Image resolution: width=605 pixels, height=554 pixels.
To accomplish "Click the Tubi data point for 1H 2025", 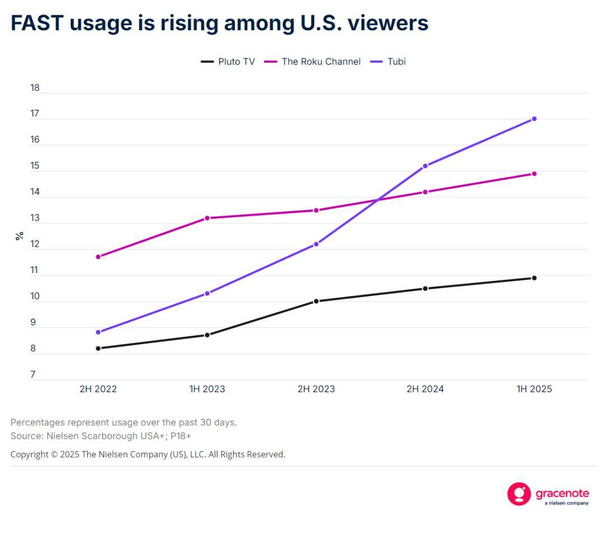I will (534, 119).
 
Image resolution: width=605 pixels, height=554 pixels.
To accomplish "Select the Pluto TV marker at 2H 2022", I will (98, 348).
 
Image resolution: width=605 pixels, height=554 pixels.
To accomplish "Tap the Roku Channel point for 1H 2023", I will (207, 218).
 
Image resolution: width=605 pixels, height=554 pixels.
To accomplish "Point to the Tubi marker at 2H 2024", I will (425, 166).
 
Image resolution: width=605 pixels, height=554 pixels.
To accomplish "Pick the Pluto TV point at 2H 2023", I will (316, 301).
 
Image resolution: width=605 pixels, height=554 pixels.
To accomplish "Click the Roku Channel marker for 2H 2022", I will (98, 257).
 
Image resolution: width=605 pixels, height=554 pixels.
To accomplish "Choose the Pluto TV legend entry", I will (228, 62).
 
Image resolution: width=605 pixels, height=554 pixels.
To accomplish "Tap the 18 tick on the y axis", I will (35, 88).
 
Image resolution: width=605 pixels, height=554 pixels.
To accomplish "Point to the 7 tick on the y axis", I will (32, 375).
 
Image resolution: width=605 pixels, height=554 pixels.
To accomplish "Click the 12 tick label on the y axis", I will (35, 244).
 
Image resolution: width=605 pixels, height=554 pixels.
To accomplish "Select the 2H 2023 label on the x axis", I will (316, 389).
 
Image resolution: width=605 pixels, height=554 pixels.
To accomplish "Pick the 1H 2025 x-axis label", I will (534, 389).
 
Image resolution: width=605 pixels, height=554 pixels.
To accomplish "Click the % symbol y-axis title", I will (20, 236).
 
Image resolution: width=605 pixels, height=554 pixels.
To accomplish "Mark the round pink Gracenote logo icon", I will (519, 494).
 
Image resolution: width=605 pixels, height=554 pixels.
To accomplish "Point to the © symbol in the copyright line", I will (54, 454).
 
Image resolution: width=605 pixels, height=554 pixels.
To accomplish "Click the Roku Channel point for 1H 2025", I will (534, 173).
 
